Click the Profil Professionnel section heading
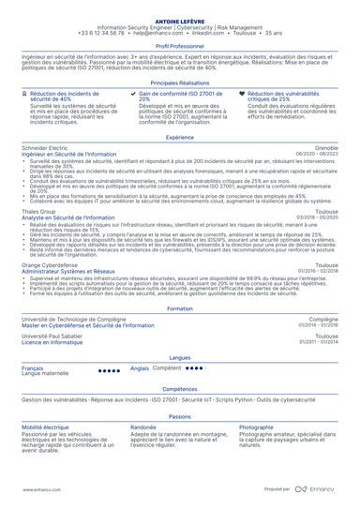coord(180,45)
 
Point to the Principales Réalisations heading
coord(180,82)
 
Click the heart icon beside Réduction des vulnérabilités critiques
coord(243,95)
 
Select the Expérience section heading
coord(180,137)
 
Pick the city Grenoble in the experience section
coord(327,148)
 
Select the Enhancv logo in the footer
coord(322,488)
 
